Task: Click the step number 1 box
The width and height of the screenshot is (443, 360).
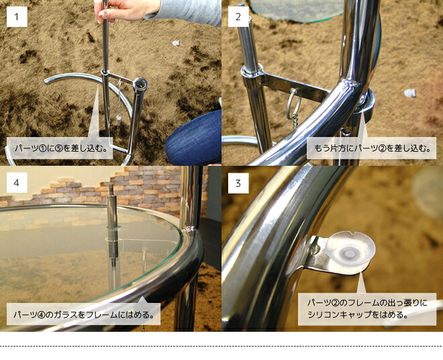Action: click(17, 17)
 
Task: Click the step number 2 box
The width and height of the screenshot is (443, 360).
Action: click(238, 17)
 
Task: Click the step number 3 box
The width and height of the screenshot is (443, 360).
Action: click(238, 183)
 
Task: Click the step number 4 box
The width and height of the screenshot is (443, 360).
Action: click(17, 183)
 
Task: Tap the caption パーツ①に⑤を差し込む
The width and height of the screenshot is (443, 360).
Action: click(61, 148)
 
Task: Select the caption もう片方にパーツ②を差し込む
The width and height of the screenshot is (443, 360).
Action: click(372, 148)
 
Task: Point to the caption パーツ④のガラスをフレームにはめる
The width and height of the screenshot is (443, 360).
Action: click(84, 314)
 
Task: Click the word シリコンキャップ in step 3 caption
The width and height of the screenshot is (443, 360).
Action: click(335, 315)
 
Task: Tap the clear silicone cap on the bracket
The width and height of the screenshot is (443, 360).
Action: click(350, 249)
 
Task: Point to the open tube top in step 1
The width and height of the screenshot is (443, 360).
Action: click(140, 84)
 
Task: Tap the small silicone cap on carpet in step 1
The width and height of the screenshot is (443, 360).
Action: click(176, 43)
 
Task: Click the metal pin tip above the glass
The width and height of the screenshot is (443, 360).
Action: click(112, 188)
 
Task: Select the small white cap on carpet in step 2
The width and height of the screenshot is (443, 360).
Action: click(410, 93)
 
